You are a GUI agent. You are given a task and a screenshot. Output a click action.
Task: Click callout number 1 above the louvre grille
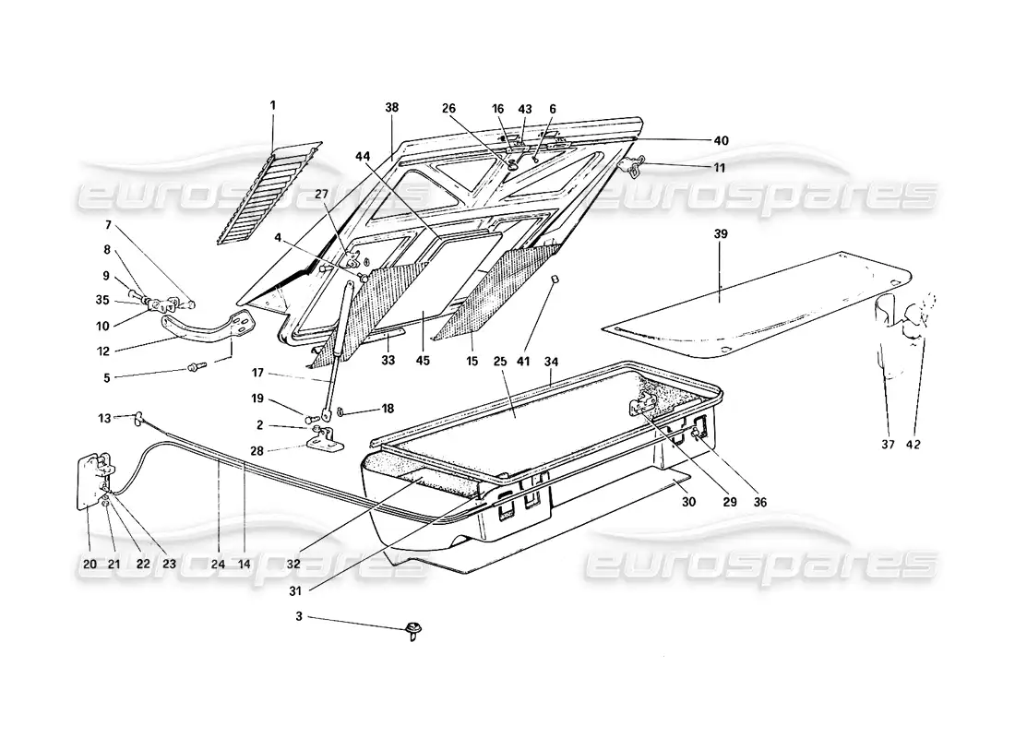point(273,105)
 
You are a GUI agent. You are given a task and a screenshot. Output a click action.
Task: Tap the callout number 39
point(721,234)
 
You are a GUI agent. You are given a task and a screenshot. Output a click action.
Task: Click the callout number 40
point(721,140)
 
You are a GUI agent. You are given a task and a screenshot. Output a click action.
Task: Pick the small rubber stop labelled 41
point(556,280)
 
